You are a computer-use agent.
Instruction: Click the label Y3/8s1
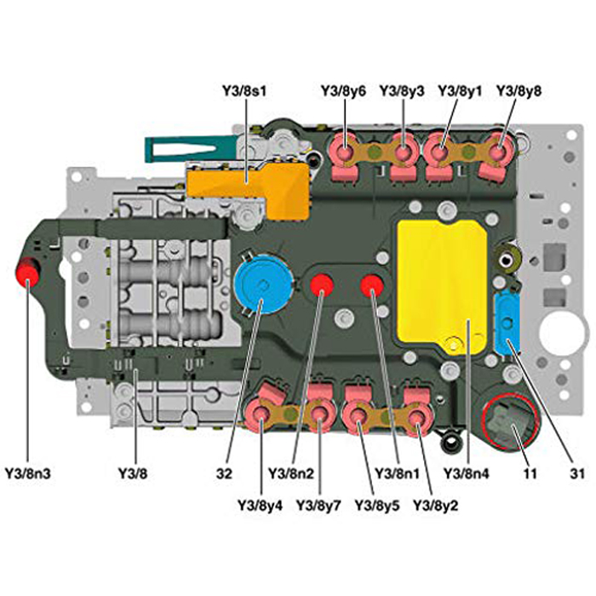[x=244, y=91]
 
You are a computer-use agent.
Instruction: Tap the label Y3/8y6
[x=343, y=91]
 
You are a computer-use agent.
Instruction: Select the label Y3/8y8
[x=519, y=91]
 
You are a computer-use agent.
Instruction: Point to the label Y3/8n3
[x=28, y=473]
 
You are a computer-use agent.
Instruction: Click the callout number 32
[x=224, y=473]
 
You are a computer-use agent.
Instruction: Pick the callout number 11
[x=530, y=473]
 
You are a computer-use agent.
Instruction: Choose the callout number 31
[x=577, y=473]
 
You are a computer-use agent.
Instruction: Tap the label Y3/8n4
[x=467, y=473]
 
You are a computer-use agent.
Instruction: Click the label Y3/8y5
[x=377, y=506]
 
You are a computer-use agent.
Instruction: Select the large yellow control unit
[x=442, y=287]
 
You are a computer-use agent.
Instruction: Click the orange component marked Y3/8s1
[x=249, y=188]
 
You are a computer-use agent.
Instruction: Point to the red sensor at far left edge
[x=28, y=272]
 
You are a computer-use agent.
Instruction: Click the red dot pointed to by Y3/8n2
[x=322, y=285]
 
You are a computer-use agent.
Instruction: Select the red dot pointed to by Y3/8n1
[x=372, y=285]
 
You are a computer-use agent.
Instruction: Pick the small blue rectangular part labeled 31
[x=507, y=323]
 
